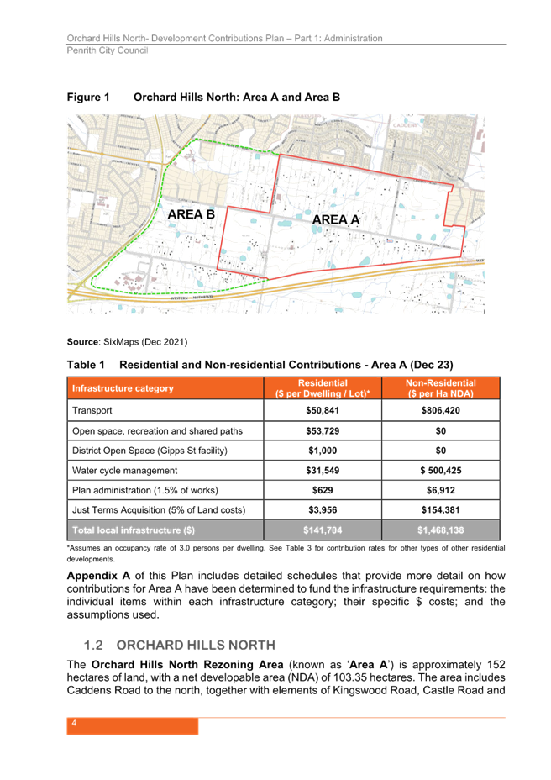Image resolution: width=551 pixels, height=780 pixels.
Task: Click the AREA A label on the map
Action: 336,220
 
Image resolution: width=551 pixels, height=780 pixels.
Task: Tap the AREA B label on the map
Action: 191,214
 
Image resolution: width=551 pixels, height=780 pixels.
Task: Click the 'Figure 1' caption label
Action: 88,97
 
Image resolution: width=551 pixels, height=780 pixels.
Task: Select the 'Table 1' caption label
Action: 86,365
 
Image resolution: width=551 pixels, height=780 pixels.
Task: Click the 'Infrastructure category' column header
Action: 123,388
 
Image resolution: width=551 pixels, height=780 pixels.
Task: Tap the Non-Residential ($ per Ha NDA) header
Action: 441,388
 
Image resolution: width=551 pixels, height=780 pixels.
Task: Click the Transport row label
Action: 92,410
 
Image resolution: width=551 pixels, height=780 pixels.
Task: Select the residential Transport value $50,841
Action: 323,410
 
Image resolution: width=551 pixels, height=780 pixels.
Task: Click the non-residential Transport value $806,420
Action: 441,410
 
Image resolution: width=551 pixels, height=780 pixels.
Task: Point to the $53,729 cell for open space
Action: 323,430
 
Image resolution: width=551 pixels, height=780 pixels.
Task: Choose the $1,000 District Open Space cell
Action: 323,451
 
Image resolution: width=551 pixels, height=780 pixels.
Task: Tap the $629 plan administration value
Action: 323,490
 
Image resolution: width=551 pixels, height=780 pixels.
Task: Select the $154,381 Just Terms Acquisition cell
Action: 441,510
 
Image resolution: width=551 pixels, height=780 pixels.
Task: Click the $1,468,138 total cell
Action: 441,530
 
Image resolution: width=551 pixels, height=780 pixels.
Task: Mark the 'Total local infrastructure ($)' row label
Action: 134,530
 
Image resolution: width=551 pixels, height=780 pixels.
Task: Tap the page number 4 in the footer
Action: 74,723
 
